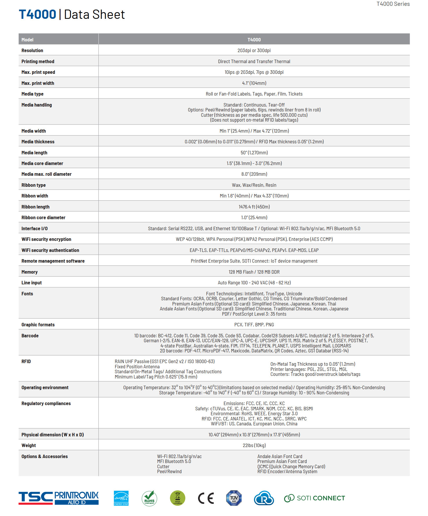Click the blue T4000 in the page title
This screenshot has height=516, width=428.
(37, 14)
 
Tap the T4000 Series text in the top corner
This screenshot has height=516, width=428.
(393, 4)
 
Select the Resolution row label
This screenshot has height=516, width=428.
(32, 50)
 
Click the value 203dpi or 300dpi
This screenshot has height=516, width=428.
(254, 50)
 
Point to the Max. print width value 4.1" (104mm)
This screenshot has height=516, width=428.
(254, 83)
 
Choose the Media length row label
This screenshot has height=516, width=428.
(34, 153)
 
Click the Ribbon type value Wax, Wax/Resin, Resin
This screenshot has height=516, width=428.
(254, 185)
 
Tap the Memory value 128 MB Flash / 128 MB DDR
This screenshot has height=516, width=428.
(254, 272)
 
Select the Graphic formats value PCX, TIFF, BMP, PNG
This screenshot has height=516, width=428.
(254, 325)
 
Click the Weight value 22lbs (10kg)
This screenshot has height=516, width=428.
(254, 445)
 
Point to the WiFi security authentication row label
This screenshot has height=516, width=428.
(50, 250)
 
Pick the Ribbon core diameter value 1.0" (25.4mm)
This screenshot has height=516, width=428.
(254, 217)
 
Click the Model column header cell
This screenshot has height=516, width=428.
(28, 40)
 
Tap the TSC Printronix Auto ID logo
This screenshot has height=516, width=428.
(58, 498)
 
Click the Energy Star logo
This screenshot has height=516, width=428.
(121, 498)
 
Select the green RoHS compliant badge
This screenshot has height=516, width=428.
(149, 498)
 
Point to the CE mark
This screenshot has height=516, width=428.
(206, 498)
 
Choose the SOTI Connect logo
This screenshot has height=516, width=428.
(314, 498)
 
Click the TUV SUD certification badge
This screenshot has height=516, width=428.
(234, 498)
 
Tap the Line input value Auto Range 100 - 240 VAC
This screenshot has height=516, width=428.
(254, 283)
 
